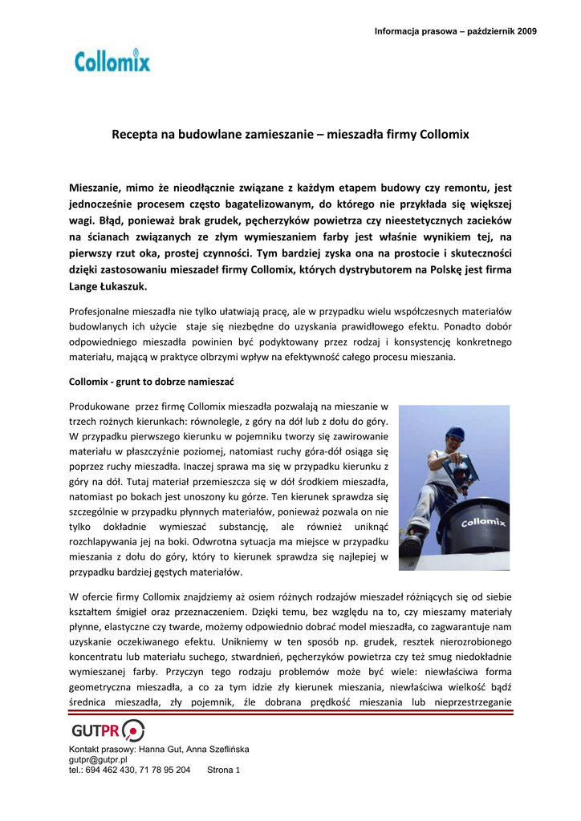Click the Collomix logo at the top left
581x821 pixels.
(x=112, y=61)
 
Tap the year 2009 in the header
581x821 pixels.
(x=526, y=31)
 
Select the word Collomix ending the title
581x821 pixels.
(x=443, y=135)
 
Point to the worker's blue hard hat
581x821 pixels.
(x=456, y=434)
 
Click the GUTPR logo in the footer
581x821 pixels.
(x=108, y=730)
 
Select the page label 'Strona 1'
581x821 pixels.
(x=224, y=770)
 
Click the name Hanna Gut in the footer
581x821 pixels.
(x=160, y=749)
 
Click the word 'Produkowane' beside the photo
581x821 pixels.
(x=100, y=406)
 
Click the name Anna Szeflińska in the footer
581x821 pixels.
(x=217, y=749)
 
